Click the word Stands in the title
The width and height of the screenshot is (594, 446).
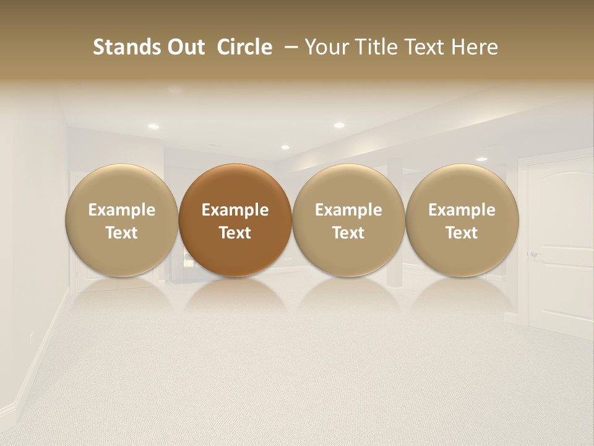[x=123, y=47]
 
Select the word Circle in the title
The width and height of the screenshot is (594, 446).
[x=244, y=47]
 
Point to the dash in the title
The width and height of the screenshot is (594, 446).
[x=290, y=47]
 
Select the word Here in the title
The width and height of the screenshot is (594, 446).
[x=475, y=47]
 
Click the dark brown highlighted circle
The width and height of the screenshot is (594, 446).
[x=235, y=186]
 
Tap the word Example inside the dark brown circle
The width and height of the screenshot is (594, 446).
[x=235, y=210]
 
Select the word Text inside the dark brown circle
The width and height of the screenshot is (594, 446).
[x=235, y=233]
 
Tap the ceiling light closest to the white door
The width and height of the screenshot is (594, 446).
[x=481, y=159]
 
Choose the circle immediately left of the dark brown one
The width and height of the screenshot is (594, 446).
[x=121, y=186]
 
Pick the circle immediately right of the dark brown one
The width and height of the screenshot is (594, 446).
[x=348, y=186]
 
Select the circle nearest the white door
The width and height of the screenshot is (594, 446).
[x=462, y=186]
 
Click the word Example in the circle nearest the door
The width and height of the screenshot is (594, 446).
[x=462, y=210]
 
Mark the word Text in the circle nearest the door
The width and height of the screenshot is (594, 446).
[x=462, y=233]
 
